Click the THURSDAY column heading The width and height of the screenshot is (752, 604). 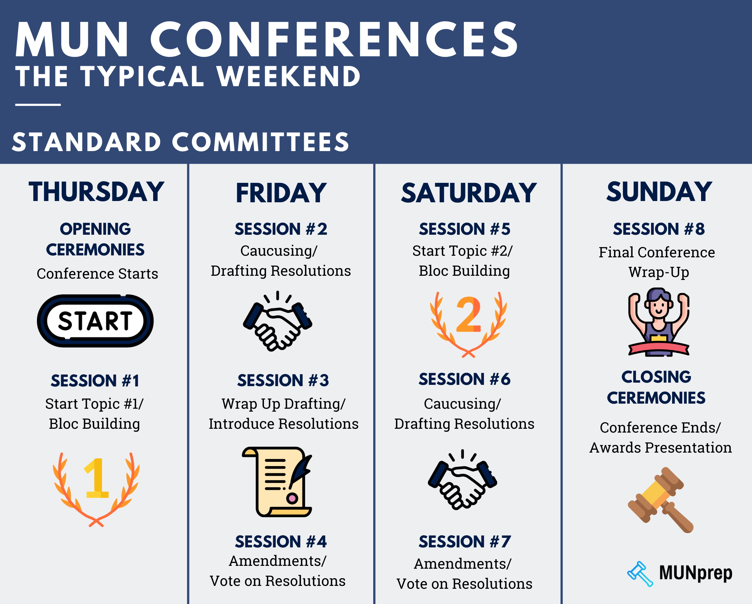pyautogui.click(x=96, y=192)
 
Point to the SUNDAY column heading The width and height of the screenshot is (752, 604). pyautogui.click(x=659, y=192)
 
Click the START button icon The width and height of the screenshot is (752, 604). pyautogui.click(x=95, y=321)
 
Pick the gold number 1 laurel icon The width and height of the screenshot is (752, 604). pyautogui.click(x=96, y=489)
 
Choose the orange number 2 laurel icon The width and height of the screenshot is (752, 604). pyautogui.click(x=468, y=324)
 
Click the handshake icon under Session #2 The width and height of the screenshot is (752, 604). pyautogui.click(x=278, y=321)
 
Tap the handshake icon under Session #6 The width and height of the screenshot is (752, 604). pyautogui.click(x=463, y=480)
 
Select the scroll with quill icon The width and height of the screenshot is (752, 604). pyautogui.click(x=277, y=482)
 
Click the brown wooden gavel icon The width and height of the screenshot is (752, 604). pyautogui.click(x=661, y=500)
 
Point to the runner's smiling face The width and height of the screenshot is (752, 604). pyautogui.click(x=658, y=307)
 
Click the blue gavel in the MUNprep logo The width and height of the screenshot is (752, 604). pyautogui.click(x=640, y=574)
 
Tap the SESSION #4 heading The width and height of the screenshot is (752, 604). pyautogui.click(x=281, y=542)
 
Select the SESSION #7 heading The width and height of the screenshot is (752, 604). pyautogui.click(x=465, y=542)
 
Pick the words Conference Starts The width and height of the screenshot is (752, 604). pyautogui.click(x=97, y=274)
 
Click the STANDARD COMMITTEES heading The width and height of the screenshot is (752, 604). pyautogui.click(x=181, y=142)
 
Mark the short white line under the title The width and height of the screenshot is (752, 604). pyautogui.click(x=38, y=104)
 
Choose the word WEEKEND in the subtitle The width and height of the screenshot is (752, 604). pyautogui.click(x=288, y=76)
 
